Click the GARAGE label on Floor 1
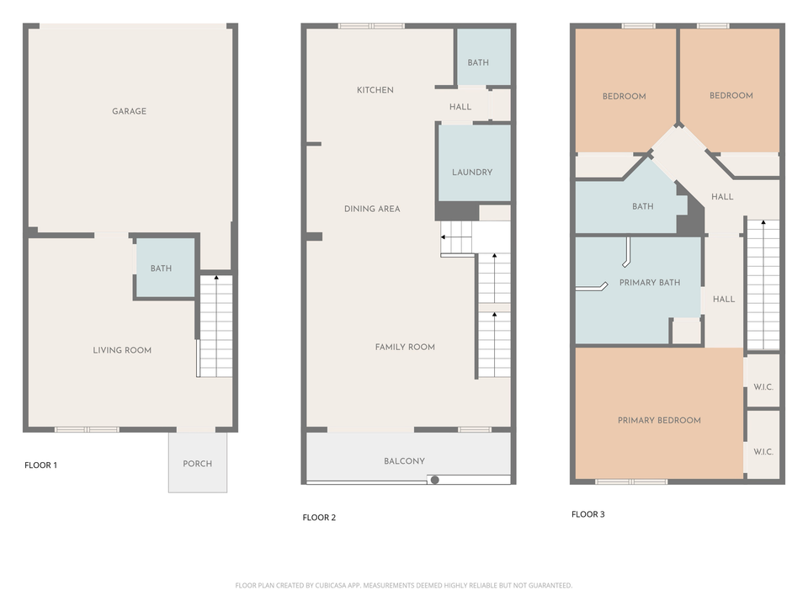pos(129,111)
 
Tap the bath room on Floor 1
pos(161,268)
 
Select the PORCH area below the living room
pos(198,464)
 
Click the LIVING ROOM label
pos(122,350)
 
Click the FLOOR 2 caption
pos(319,518)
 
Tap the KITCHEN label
pos(375,90)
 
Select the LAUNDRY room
pos(472,172)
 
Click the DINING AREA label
pos(372,209)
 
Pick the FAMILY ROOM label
pos(405,347)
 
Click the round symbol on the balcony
pos(434,480)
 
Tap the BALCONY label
pos(404,461)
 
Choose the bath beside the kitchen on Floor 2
pos(478,62)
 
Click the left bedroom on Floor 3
pos(624,96)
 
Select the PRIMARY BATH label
pos(649,283)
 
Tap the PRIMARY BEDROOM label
pos(659,420)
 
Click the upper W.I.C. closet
pos(763,387)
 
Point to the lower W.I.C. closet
pos(763,452)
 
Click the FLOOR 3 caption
pos(587,514)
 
